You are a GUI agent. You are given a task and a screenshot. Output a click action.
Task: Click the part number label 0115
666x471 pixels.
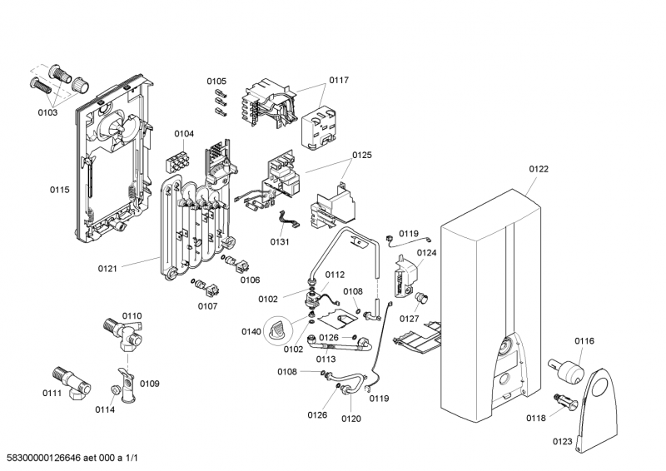(59, 190)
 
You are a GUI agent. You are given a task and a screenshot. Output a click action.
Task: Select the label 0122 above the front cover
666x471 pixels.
(539, 169)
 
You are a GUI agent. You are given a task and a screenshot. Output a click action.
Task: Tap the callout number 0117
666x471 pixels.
(338, 81)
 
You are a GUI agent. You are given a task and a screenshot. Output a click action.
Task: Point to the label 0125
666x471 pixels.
(362, 155)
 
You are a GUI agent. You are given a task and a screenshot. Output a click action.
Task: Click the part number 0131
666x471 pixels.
(280, 242)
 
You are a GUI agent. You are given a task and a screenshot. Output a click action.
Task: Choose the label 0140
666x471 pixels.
(251, 331)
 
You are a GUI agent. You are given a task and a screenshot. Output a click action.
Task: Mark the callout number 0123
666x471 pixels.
(562, 441)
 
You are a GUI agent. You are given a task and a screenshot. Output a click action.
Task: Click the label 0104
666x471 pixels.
(184, 133)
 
